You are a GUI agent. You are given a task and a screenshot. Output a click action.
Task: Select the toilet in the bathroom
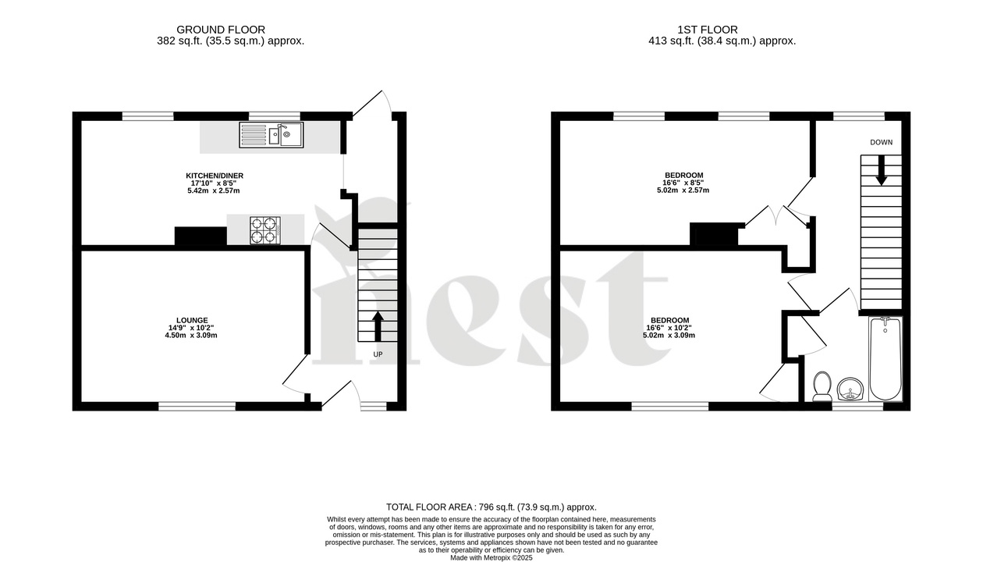click(x=822, y=386)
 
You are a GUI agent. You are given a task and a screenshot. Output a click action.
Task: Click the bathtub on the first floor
click(x=885, y=359)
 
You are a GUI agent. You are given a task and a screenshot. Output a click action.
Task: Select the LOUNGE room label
click(x=191, y=320)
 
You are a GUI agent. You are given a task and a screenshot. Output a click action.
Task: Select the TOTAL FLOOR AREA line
click(x=491, y=507)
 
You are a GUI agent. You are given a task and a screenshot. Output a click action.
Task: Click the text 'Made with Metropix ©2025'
click(x=491, y=557)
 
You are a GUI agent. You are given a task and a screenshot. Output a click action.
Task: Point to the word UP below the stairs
click(x=378, y=354)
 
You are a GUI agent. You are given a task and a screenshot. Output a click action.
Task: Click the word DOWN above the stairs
click(x=881, y=142)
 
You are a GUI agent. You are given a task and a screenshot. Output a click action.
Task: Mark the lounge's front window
click(x=197, y=406)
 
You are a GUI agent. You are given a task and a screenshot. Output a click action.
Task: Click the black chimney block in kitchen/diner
click(x=201, y=237)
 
